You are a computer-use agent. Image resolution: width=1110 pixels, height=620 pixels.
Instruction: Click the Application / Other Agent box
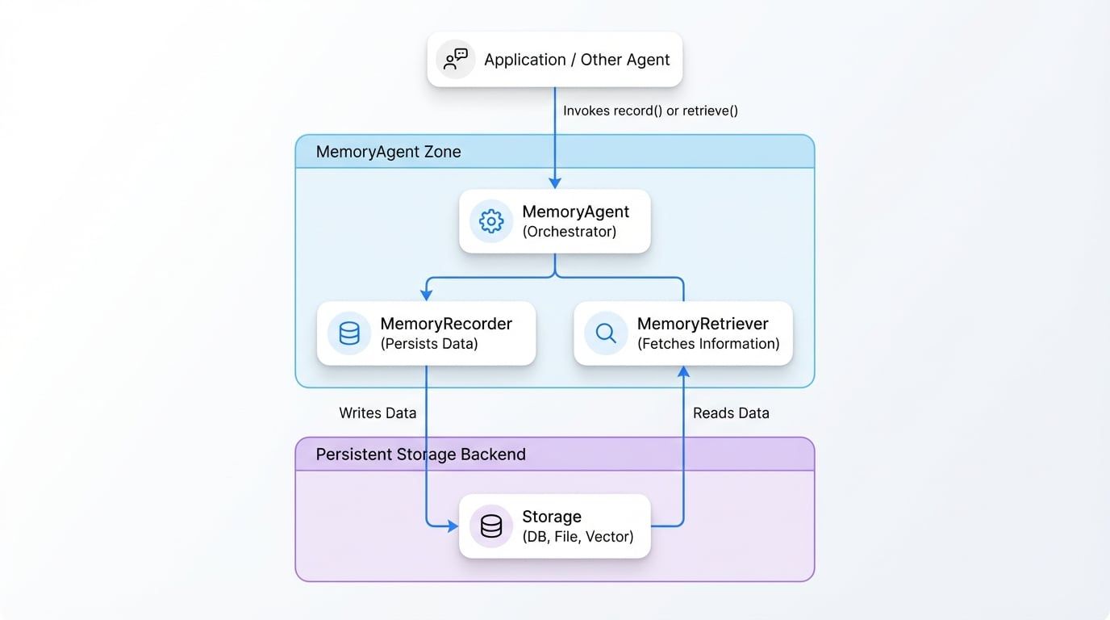(554, 60)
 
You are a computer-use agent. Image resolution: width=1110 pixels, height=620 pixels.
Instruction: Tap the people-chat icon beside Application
(456, 60)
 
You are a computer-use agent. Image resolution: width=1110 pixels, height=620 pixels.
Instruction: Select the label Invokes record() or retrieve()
(650, 111)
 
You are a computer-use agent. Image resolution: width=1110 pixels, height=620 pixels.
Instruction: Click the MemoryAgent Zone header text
(388, 152)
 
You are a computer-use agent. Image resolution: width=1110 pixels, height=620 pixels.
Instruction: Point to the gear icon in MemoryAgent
(491, 221)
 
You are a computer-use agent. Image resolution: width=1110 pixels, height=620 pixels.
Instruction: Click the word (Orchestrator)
(569, 232)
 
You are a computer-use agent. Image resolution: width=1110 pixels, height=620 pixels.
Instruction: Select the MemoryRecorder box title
(446, 324)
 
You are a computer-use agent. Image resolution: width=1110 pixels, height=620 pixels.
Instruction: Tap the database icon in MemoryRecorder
(349, 333)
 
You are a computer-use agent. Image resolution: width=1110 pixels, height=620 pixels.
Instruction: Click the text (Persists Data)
(429, 344)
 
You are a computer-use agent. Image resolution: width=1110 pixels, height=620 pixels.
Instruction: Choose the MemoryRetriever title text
(703, 324)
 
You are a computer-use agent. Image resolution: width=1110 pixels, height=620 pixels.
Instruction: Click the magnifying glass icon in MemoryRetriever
(606, 333)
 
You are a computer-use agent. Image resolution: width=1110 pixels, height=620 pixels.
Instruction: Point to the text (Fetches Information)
(708, 344)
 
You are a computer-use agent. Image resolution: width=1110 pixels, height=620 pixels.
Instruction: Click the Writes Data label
(378, 413)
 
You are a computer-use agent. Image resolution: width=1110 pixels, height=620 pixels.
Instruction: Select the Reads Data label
(731, 413)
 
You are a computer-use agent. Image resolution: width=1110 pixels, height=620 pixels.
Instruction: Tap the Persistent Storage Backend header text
(420, 455)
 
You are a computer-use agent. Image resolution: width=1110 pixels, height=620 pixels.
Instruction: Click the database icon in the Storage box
(491, 526)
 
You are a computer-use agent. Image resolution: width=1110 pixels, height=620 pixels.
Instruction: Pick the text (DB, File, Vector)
(578, 537)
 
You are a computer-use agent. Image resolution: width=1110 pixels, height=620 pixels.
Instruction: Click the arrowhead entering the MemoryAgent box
(555, 183)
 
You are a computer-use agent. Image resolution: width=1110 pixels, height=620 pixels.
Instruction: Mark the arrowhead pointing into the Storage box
(453, 526)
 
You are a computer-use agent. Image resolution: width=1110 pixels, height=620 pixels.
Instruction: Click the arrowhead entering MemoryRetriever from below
(683, 371)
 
